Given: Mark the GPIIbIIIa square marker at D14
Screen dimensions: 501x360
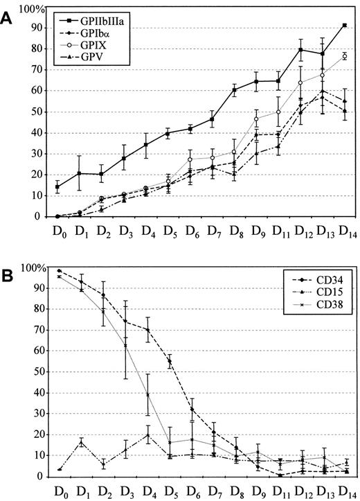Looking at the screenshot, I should point(344,25).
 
